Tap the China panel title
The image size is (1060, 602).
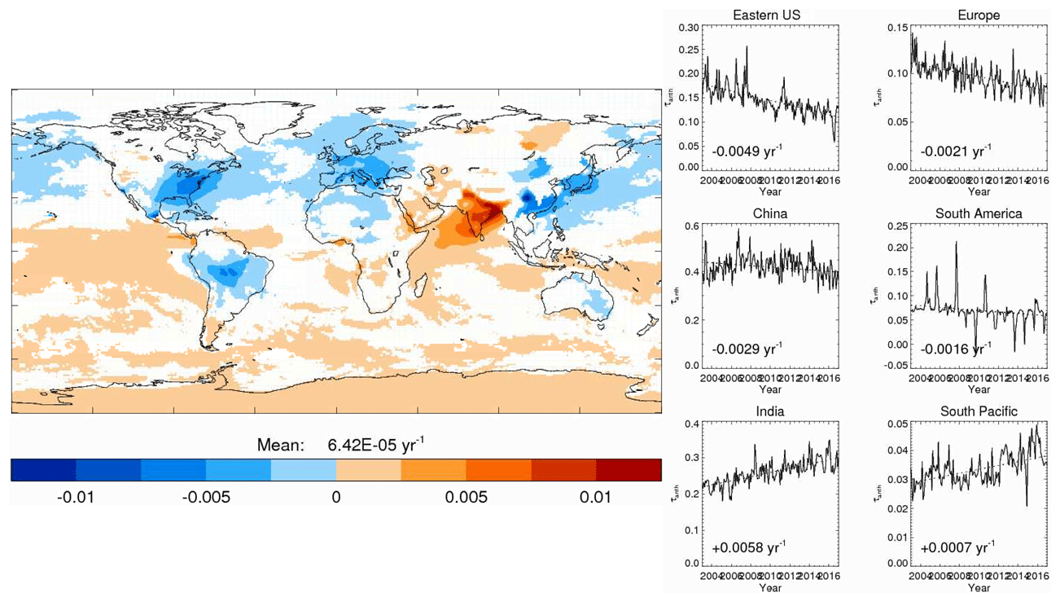point(769,214)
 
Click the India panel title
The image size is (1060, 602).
point(769,411)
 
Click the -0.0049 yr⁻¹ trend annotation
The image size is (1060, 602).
point(747,151)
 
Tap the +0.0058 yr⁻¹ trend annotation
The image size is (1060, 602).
point(747,547)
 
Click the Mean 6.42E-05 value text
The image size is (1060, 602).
point(376,445)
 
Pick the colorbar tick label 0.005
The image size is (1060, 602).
point(466,496)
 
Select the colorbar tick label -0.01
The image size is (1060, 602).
point(76,496)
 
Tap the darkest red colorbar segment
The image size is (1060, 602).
point(629,469)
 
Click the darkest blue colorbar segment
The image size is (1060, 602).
point(43,469)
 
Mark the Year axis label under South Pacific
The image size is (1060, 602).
point(979,587)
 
